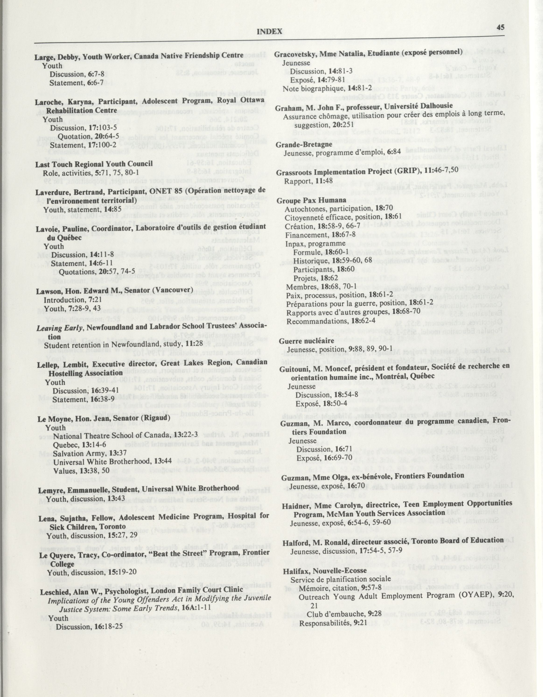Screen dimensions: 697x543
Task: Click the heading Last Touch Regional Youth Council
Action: click(94, 164)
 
